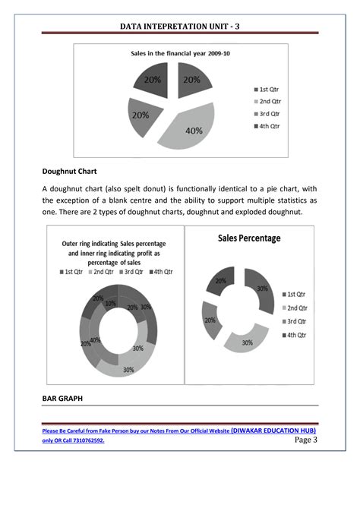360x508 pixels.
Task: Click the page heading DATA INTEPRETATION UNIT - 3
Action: click(180, 27)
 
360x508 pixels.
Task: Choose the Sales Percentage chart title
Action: click(249, 238)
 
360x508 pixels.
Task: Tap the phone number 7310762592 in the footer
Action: click(84, 440)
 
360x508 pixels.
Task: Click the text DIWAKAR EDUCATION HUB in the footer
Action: click(273, 429)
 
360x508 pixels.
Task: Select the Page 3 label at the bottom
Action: click(304, 440)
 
